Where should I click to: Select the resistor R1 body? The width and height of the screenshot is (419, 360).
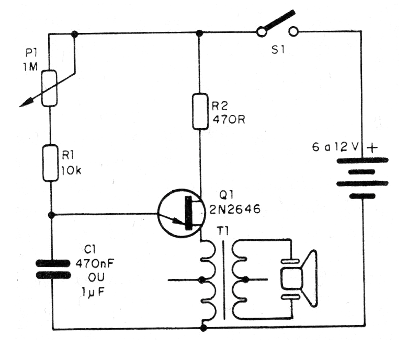[x=50, y=164]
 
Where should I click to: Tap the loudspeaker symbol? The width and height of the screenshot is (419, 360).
[x=298, y=278]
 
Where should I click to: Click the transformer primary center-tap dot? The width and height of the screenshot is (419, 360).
[x=201, y=280]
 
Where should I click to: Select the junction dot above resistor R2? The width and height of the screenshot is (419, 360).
[x=199, y=33]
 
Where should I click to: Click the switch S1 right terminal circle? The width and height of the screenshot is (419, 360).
[x=293, y=32]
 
